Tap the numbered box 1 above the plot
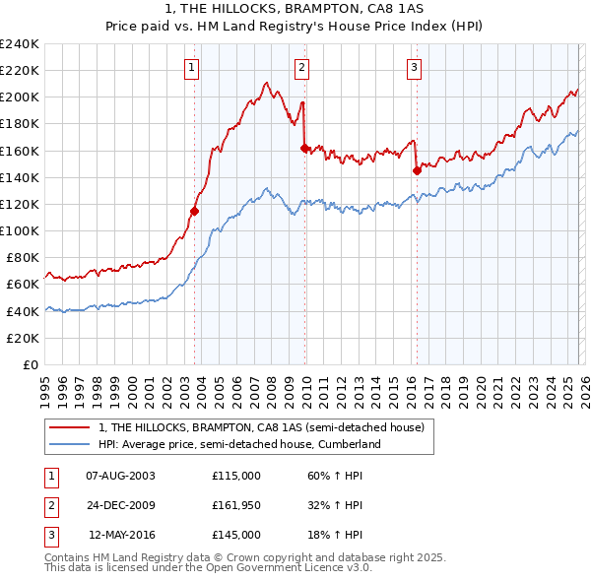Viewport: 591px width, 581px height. pos(191,67)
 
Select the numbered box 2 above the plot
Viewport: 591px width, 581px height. pos(301,67)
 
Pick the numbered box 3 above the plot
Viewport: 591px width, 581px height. pos(415,67)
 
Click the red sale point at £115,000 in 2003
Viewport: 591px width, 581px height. pos(194,211)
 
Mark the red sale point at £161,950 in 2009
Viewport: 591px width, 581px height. pos(304,148)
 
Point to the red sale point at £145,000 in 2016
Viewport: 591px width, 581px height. pos(417,170)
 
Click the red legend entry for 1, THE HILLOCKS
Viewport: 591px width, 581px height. pos(261,427)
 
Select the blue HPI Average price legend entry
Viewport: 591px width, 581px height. pos(238,444)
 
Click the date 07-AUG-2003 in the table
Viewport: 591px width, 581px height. pos(120,476)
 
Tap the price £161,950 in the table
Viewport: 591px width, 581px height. pos(236,505)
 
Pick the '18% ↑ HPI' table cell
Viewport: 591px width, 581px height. pos(335,535)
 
